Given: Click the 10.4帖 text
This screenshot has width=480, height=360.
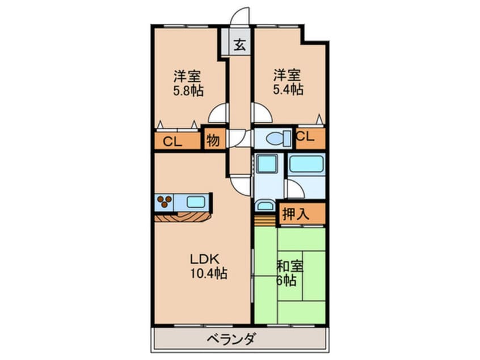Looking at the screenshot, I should (208, 274).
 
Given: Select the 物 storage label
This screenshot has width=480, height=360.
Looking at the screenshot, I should (213, 140).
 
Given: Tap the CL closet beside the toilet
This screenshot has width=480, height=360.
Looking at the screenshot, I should (305, 137).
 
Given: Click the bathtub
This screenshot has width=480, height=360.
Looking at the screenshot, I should (306, 165).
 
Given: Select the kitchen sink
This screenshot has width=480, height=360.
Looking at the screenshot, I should (196, 201).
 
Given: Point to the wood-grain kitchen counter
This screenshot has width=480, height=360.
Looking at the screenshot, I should (182, 216).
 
